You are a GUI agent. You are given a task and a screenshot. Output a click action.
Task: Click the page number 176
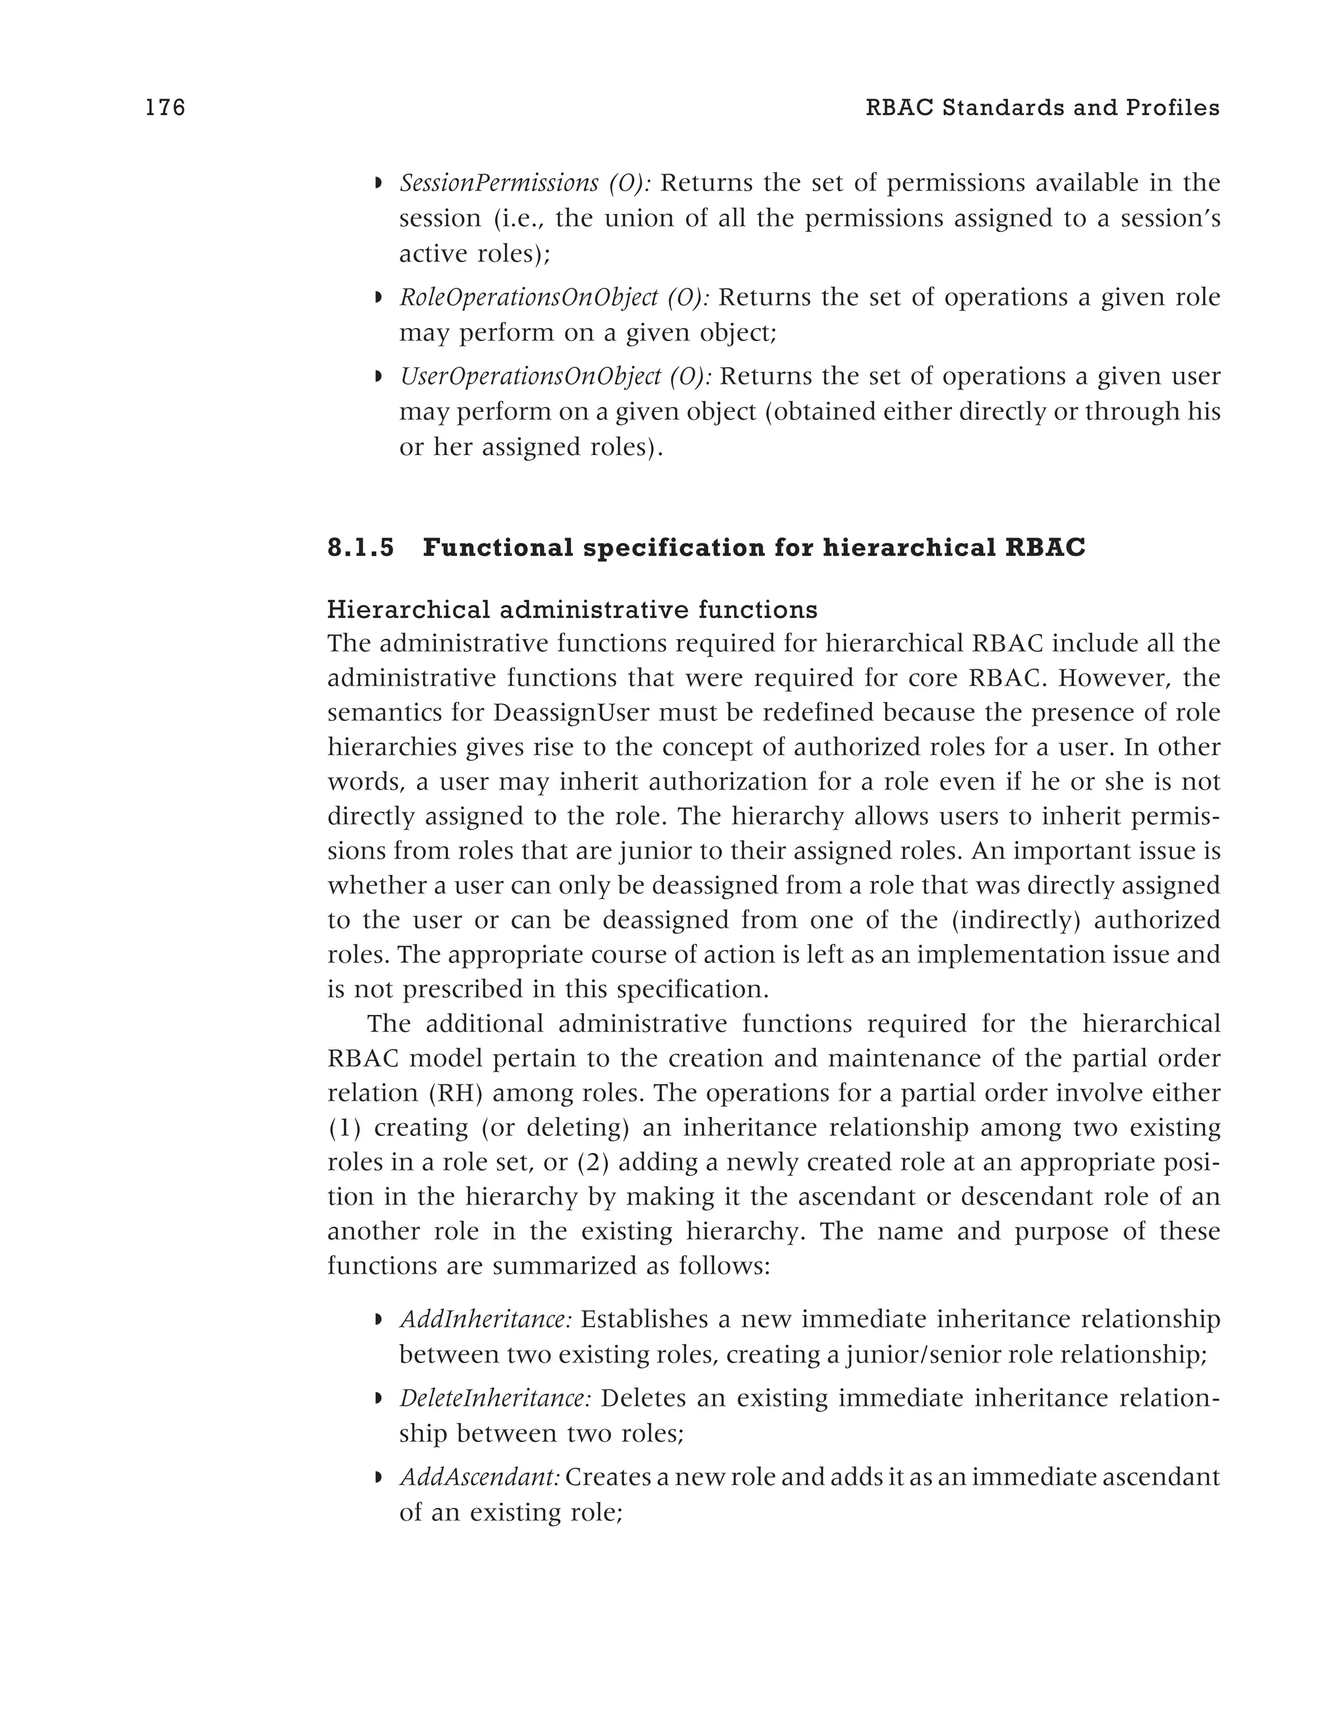(166, 108)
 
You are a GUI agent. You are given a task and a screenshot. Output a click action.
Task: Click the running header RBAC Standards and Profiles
(1042, 108)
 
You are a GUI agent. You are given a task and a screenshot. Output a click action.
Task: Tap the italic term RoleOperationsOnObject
(528, 299)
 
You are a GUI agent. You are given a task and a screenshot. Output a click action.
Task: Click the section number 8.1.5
(361, 548)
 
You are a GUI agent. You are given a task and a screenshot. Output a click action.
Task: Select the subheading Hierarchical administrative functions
(572, 610)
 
